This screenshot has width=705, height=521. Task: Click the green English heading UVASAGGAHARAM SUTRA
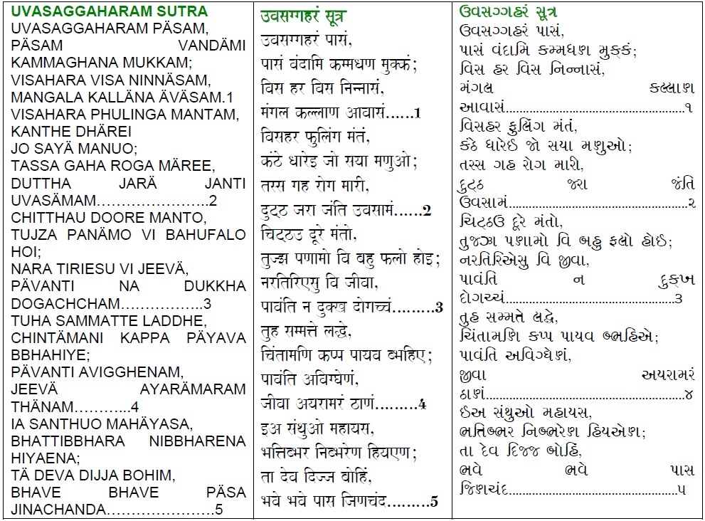[110, 12]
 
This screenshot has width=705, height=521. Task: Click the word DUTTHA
[39, 183]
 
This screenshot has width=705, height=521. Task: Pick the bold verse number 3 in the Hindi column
[439, 308]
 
